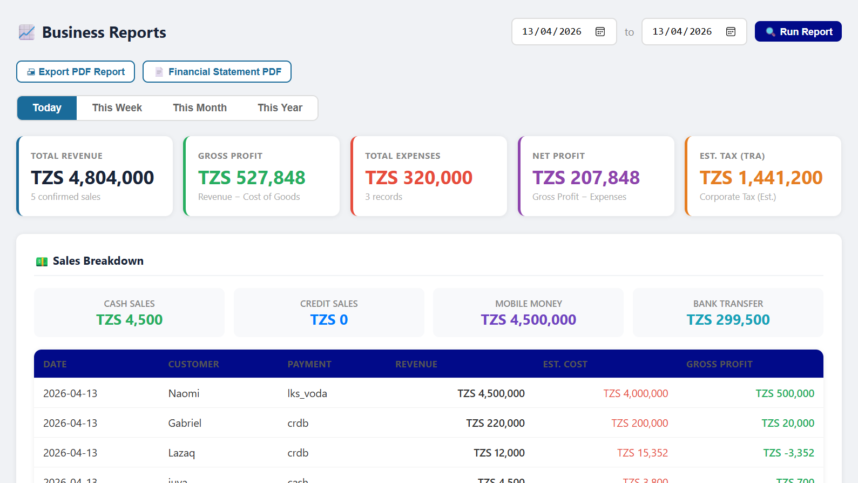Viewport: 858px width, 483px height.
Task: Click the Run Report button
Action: coord(798,32)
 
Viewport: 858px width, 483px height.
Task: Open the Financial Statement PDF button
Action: coord(217,72)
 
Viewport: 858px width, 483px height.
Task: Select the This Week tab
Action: coord(117,108)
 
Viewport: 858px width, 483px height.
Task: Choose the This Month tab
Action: coord(200,108)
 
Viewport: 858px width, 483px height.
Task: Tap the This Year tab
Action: coord(280,108)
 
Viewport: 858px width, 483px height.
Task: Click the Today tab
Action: coord(47,108)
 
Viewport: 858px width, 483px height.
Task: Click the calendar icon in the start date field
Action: coord(600,32)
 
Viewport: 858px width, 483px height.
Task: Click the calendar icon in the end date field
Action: coord(731,32)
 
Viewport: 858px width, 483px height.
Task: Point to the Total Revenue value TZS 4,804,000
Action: coord(92,178)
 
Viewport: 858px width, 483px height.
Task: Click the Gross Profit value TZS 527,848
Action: coord(252,178)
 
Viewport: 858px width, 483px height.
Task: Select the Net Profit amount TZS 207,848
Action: coord(586,178)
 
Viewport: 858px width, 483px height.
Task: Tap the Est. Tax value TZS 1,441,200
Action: coord(761,178)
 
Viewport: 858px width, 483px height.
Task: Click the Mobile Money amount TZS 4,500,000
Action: coord(528,320)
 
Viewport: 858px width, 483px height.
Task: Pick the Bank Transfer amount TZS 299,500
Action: coord(728,320)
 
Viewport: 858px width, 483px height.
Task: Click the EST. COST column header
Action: coord(565,365)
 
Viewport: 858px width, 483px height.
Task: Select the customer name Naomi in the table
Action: coord(184,394)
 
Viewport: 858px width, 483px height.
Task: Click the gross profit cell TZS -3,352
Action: coord(788,453)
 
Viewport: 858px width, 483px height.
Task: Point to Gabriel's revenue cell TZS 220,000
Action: coord(495,424)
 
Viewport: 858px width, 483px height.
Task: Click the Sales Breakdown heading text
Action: coord(98,261)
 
